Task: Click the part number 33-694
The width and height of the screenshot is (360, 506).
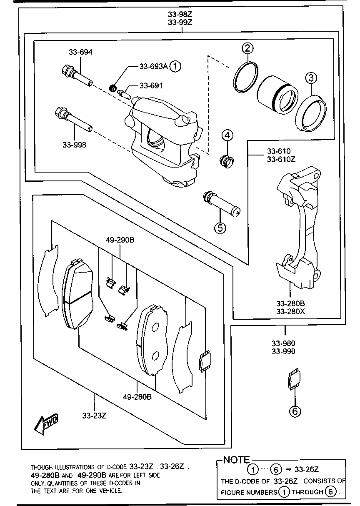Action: point(80,52)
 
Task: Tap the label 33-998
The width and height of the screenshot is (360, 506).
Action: point(75,145)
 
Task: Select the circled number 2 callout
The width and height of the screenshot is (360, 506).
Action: point(248,49)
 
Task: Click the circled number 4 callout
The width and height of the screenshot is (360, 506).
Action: point(227,135)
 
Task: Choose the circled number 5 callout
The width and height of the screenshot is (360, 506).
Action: point(220,228)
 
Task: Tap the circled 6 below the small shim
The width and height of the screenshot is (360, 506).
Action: point(295,411)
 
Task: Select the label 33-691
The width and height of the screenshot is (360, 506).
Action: point(151,85)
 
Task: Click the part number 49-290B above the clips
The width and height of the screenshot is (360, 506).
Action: point(120,240)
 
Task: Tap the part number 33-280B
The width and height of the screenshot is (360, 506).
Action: point(290,303)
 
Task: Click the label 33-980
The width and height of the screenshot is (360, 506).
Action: point(283,343)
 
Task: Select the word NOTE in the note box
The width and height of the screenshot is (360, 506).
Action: point(237,460)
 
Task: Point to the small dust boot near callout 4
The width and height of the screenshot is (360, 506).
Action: point(227,160)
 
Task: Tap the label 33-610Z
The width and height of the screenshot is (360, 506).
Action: point(281,159)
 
